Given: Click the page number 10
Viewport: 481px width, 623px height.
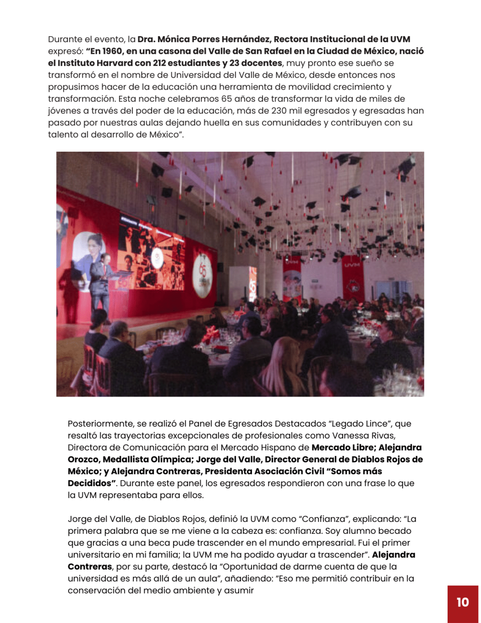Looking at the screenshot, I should point(463,602).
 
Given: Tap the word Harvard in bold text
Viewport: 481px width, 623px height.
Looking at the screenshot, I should point(115,63).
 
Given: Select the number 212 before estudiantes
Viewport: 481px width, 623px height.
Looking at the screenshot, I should point(159,63).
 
